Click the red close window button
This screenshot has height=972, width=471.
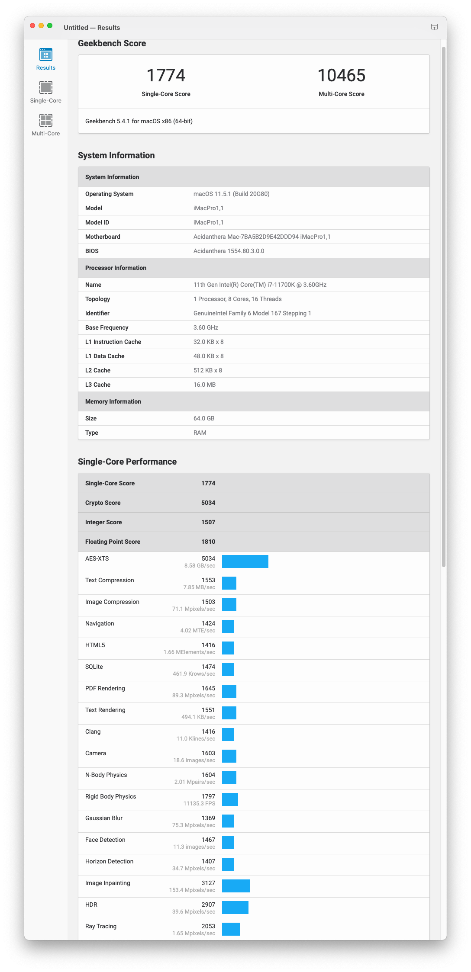point(32,26)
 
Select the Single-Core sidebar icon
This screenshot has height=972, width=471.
point(46,88)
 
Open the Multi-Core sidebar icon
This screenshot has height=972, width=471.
point(46,121)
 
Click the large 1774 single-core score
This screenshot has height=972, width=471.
point(166,76)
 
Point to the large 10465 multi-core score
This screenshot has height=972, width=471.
point(341,76)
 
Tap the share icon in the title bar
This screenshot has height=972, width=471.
point(434,27)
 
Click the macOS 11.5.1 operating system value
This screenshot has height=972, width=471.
point(231,194)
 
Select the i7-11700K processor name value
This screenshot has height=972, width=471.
point(260,285)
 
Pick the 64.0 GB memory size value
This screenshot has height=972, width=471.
point(204,418)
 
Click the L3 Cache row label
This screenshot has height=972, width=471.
point(98,385)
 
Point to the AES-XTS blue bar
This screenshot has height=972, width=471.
point(245,561)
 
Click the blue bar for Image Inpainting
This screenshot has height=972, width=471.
point(236,886)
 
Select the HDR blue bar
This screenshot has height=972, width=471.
point(235,908)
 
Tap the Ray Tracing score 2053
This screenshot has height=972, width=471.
point(208,926)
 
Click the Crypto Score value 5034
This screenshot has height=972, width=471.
point(208,503)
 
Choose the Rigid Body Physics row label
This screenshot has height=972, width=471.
point(110,796)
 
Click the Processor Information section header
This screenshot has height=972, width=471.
point(116,268)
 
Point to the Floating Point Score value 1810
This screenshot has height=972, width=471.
point(208,542)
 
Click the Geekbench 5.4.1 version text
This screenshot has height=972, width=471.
point(139,121)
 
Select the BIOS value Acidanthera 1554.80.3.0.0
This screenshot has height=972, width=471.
point(229,251)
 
